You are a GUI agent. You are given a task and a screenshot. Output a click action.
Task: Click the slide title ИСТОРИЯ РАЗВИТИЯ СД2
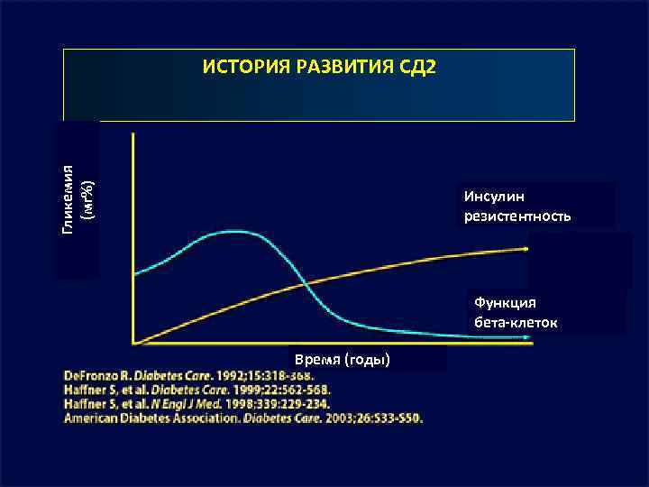click(319, 69)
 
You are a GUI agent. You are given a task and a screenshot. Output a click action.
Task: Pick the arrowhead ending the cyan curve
click(526, 337)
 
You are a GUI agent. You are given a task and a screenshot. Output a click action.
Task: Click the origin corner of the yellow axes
click(133, 343)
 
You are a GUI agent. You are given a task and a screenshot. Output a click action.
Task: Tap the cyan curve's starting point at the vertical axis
click(134, 272)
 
